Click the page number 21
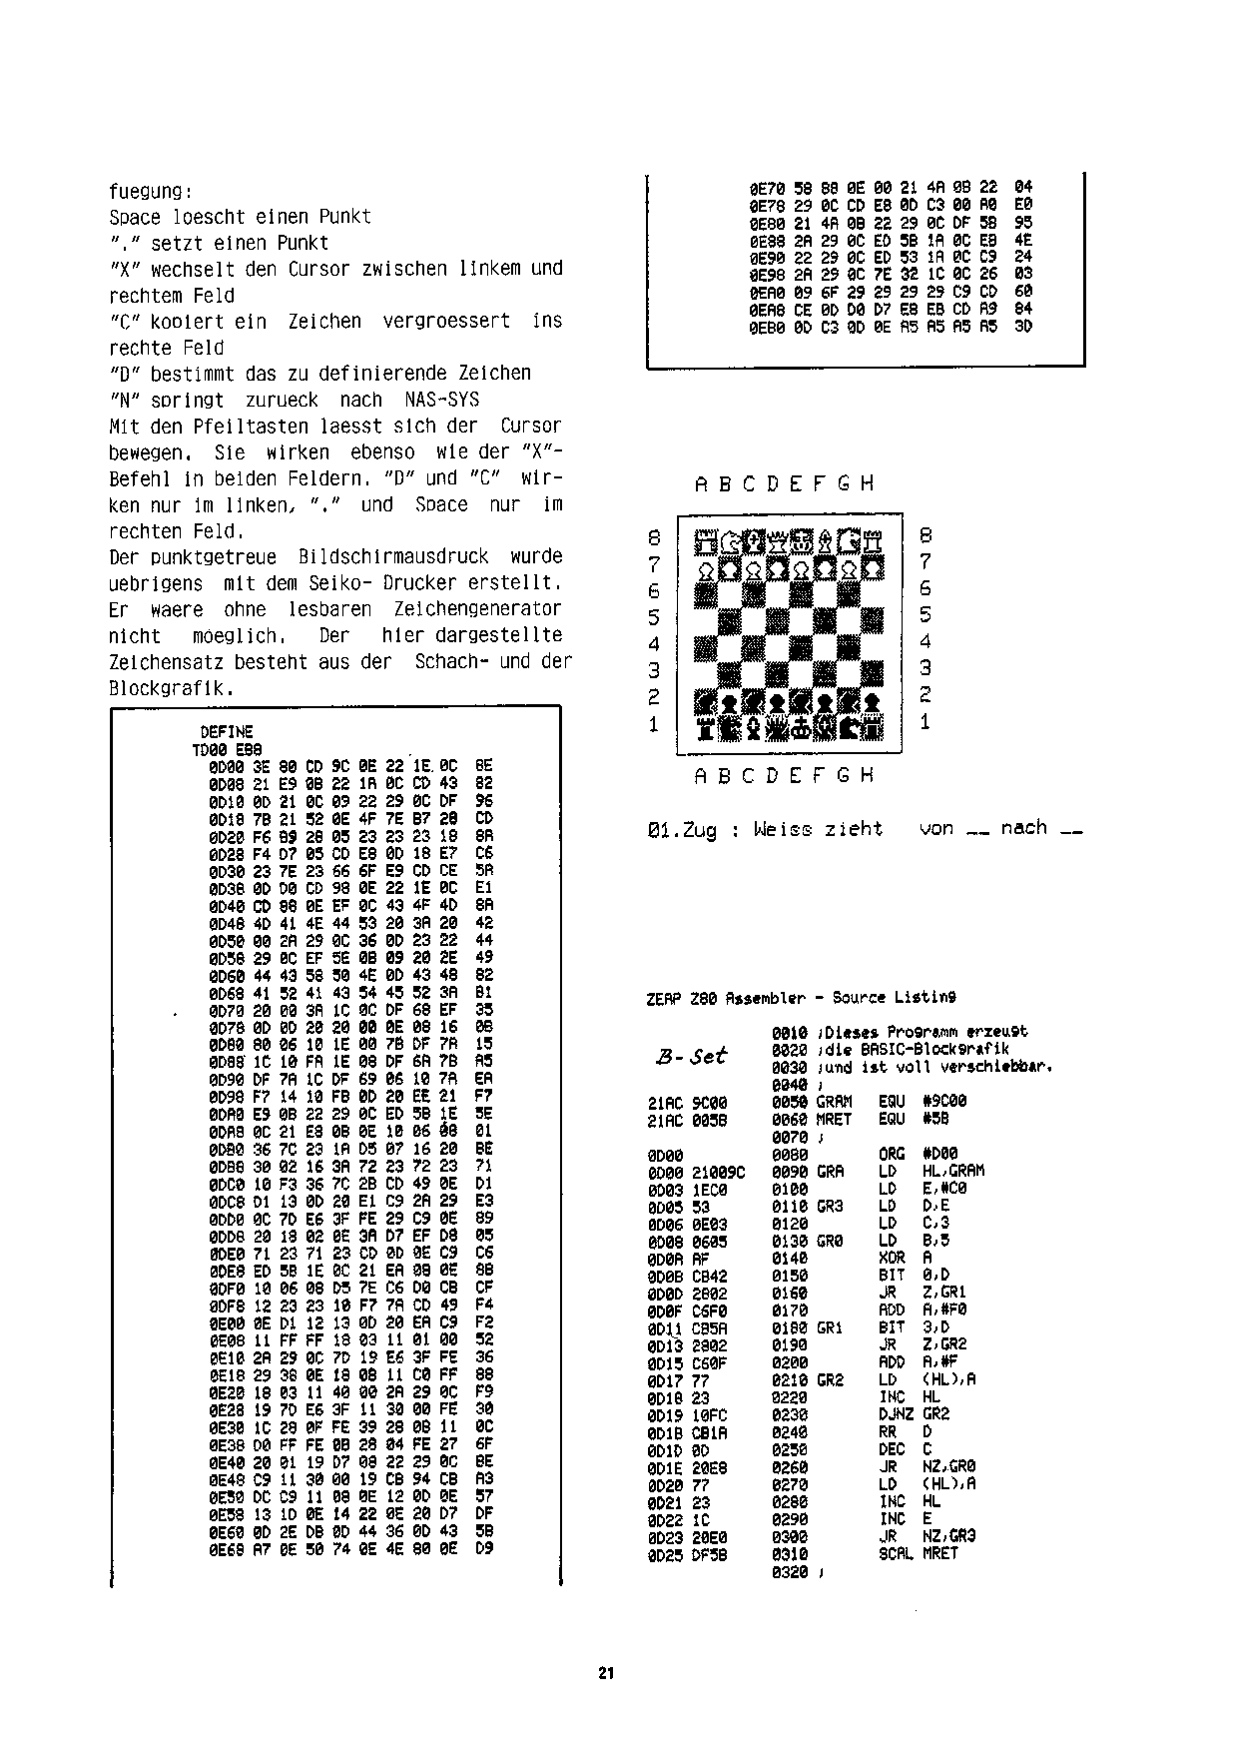click(x=606, y=1673)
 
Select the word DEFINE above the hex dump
click(x=227, y=732)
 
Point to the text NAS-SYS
click(x=442, y=400)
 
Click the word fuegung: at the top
click(x=150, y=191)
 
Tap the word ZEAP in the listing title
click(x=664, y=997)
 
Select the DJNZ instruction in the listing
click(x=897, y=1413)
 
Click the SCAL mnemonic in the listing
click(x=896, y=1553)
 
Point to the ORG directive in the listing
click(x=892, y=1154)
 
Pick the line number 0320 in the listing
click(x=789, y=1571)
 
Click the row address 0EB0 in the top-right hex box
click(x=767, y=327)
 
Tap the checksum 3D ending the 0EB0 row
click(x=1023, y=327)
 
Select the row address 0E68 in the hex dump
click(x=227, y=1549)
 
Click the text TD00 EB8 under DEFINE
click(x=227, y=749)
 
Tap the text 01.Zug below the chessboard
click(x=682, y=829)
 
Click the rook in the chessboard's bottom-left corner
click(x=706, y=727)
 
